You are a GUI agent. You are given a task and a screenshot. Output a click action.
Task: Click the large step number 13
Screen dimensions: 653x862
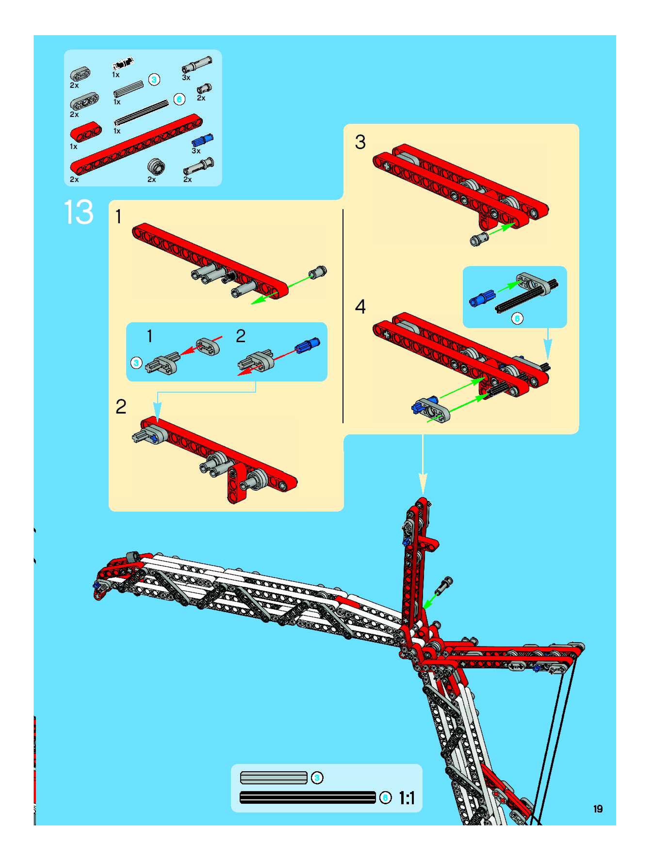point(78,212)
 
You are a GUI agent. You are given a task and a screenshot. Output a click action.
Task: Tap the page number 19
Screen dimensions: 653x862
point(598,809)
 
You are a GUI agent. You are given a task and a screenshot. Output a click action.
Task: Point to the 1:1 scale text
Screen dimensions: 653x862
point(407,798)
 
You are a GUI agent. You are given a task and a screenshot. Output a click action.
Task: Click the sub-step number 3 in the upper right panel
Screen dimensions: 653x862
point(360,142)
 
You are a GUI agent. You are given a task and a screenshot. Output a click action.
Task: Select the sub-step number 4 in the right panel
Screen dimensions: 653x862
point(360,307)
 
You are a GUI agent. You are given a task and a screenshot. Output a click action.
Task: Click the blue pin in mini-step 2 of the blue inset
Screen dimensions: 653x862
point(308,345)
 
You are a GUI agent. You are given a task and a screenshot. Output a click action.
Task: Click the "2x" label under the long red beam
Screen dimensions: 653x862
point(74,180)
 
